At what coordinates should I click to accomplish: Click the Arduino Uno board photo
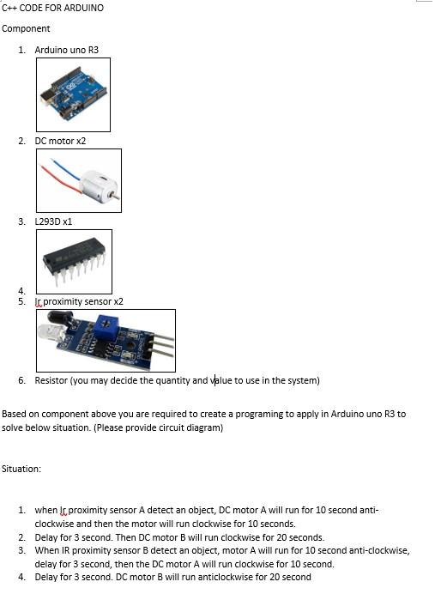(73, 94)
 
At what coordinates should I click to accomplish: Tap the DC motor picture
(79, 180)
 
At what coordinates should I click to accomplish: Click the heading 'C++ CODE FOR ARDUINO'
(53, 8)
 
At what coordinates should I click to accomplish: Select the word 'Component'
(27, 28)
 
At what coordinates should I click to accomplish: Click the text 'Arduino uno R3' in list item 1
(66, 50)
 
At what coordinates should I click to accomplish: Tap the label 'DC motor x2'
(60, 140)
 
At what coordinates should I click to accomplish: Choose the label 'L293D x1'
(53, 221)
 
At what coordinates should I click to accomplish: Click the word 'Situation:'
(21, 469)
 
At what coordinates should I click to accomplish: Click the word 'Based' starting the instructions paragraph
(14, 414)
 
